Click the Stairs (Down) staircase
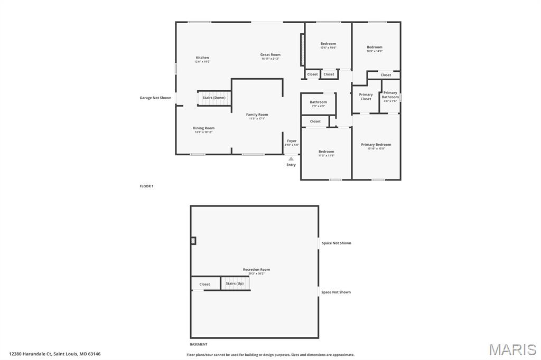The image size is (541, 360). point(214,98)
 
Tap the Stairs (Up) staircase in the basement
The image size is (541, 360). point(235,283)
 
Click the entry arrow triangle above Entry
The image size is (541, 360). point(291,158)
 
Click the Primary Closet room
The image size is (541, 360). point(366,97)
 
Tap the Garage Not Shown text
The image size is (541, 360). point(155,98)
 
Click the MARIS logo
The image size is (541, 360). point(512,349)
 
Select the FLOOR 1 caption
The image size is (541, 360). point(146,186)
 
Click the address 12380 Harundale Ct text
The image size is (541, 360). point(54,354)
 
